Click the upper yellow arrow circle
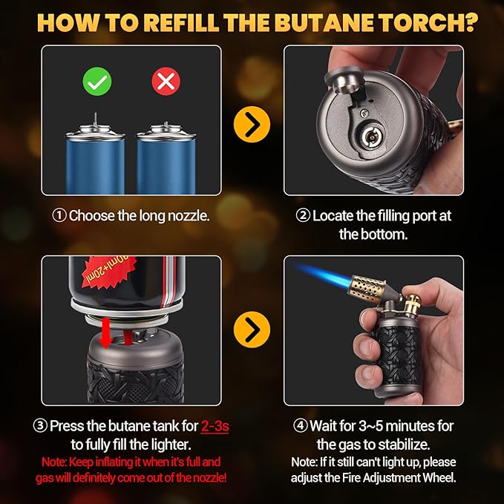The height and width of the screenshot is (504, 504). (252, 125)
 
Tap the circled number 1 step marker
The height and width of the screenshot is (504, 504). (59, 216)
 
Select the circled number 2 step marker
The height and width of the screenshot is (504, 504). (302, 216)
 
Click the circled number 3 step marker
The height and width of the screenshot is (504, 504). (40, 426)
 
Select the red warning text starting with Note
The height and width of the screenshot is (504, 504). (131, 469)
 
